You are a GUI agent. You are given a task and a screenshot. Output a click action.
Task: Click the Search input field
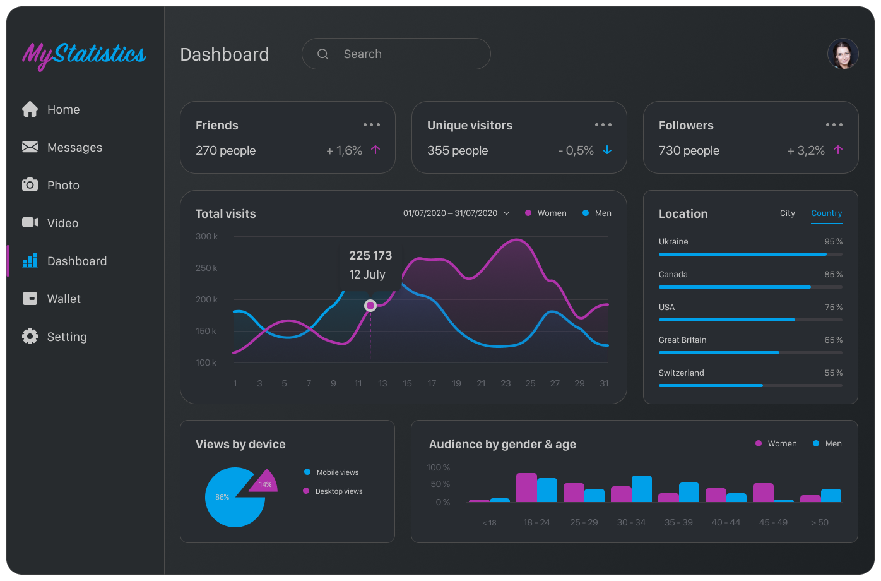tap(404, 54)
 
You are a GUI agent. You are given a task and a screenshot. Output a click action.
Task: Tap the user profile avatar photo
tap(843, 54)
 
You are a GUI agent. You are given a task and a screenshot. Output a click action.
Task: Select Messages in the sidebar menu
tap(74, 148)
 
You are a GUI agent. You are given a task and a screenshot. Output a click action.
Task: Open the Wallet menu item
tap(63, 299)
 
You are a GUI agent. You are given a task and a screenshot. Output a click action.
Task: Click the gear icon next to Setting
tap(30, 337)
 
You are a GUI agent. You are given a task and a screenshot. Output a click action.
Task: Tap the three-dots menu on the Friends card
tap(372, 125)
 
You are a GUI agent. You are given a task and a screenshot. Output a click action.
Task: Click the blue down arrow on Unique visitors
tap(607, 150)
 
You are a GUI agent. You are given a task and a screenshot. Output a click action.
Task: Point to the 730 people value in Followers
tap(689, 151)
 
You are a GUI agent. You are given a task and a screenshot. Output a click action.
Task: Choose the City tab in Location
tap(787, 213)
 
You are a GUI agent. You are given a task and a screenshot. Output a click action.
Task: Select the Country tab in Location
tap(826, 213)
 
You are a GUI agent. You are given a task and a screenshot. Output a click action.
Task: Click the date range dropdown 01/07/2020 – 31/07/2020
tap(456, 213)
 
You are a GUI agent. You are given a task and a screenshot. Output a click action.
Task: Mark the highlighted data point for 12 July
tap(370, 306)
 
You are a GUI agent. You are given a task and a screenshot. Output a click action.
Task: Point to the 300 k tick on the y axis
tap(206, 237)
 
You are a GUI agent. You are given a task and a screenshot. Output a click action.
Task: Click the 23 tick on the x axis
tap(506, 383)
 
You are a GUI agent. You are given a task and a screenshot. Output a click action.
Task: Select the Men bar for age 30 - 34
tap(641, 489)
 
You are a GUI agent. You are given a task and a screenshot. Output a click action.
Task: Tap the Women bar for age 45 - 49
tap(763, 493)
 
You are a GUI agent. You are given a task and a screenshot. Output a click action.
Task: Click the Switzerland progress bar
tap(750, 385)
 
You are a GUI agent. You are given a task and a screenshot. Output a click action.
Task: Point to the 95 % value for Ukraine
tap(833, 242)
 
